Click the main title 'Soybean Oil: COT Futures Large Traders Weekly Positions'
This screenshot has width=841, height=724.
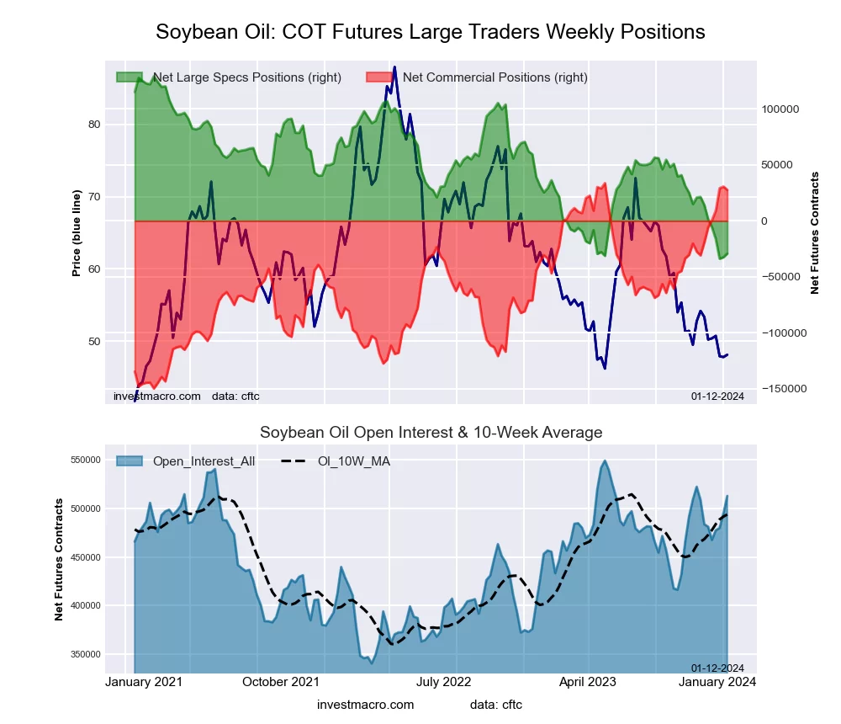tap(431, 32)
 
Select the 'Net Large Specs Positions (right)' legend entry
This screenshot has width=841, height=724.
tap(246, 77)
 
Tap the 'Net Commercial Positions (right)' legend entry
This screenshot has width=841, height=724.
tap(495, 77)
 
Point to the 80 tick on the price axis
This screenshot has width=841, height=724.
tap(94, 125)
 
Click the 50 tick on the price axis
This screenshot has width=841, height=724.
tap(94, 342)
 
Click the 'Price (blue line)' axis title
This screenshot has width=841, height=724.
tap(77, 233)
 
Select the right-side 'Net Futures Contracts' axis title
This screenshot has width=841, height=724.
tap(814, 233)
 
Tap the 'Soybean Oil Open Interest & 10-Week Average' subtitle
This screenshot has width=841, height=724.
tap(431, 433)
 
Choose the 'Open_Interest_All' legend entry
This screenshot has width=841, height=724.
tap(204, 460)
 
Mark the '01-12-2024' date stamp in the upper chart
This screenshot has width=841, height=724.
tap(717, 396)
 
